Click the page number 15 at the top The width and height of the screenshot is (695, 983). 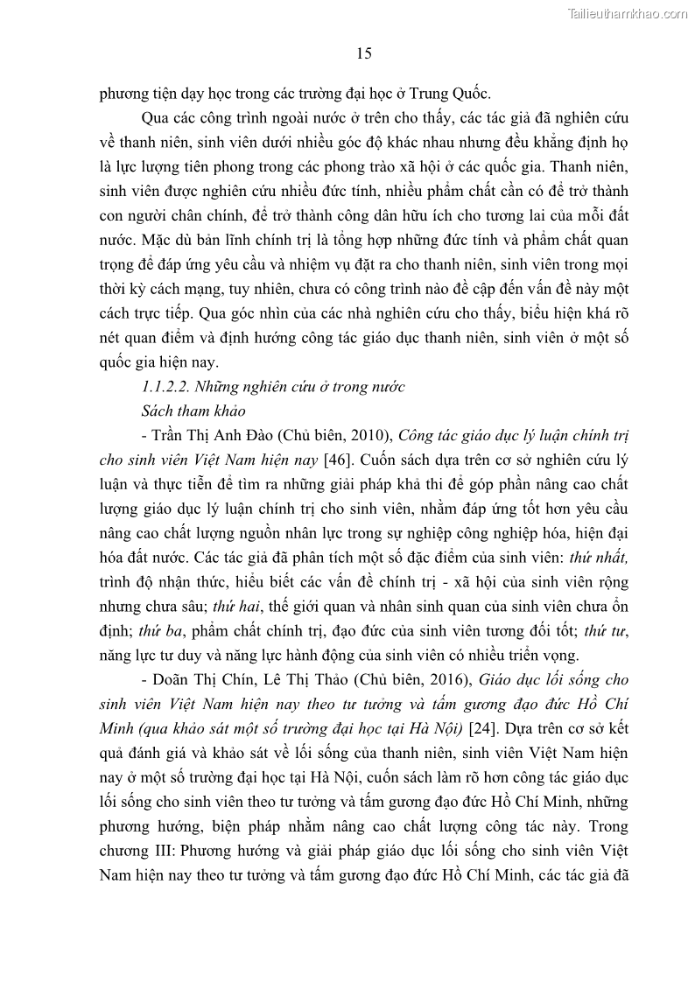tap(364, 53)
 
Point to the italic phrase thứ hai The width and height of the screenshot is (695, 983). tap(231, 606)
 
